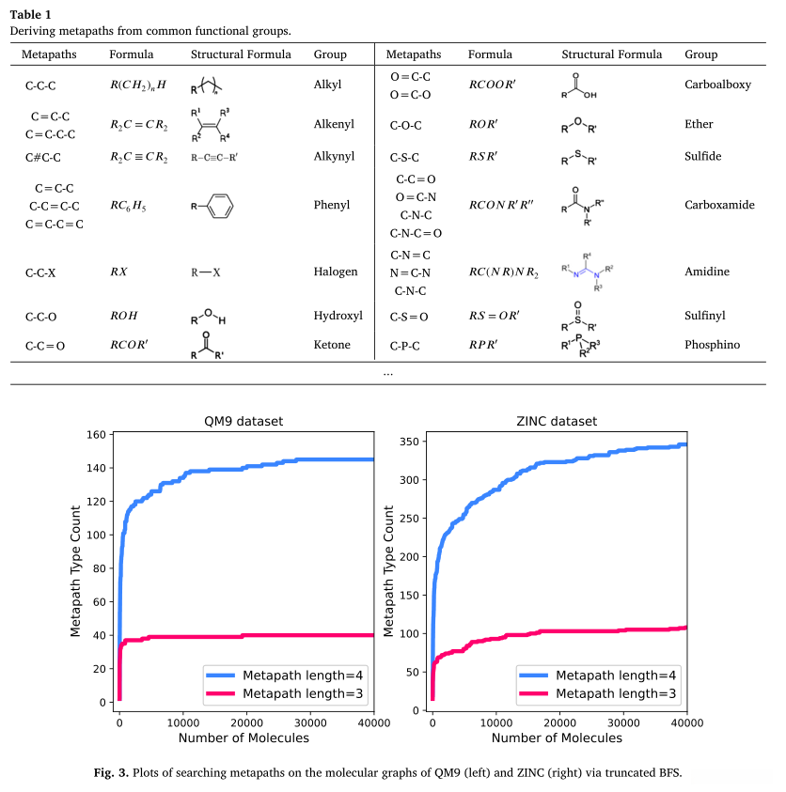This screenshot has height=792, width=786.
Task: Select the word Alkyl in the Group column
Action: tap(327, 85)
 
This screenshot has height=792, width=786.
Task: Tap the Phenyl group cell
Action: tap(331, 205)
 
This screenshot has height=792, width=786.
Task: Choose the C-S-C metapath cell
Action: tap(411, 156)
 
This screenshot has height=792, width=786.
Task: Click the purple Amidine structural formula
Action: tap(588, 272)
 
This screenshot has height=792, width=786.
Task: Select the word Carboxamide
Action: tap(719, 205)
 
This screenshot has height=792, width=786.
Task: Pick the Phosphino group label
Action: tap(712, 345)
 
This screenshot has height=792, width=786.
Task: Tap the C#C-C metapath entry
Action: tap(45, 156)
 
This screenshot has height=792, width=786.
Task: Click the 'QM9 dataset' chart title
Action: tap(243, 421)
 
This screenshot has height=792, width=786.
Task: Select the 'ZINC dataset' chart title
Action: tap(558, 421)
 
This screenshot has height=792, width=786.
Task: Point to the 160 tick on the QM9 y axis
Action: tap(94, 434)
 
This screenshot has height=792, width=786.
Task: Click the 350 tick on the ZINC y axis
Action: tap(408, 441)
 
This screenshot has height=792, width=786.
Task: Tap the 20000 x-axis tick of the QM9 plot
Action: tap(246, 722)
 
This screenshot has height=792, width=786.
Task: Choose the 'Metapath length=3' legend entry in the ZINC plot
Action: tap(616, 694)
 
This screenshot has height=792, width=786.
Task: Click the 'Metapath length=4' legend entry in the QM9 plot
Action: tap(303, 676)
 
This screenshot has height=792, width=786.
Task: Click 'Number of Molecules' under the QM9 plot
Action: tap(243, 738)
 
